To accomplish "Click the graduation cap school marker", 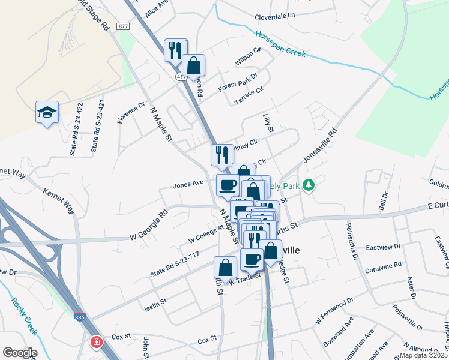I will click(47, 112).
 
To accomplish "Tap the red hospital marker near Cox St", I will click(96, 343).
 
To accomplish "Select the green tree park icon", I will click(309, 185).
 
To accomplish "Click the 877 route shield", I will click(124, 26).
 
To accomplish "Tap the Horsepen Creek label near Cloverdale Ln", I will click(280, 44).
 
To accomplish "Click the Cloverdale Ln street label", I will click(275, 15).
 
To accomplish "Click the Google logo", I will click(19, 353).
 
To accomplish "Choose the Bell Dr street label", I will click(382, 200).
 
